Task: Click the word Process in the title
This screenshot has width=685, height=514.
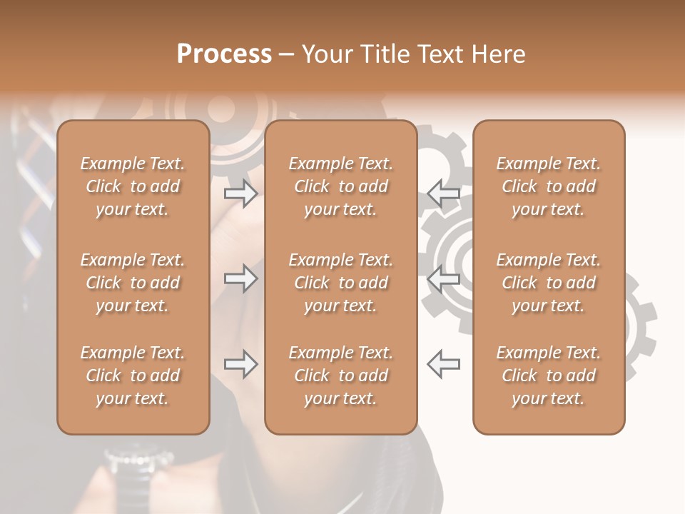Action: pyautogui.click(x=224, y=54)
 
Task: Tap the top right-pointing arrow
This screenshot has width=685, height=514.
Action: pyautogui.click(x=241, y=193)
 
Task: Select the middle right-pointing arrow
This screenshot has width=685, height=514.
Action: pyautogui.click(x=241, y=278)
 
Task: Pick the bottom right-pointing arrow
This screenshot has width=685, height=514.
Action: pyautogui.click(x=241, y=364)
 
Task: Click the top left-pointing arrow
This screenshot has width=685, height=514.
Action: pyautogui.click(x=443, y=193)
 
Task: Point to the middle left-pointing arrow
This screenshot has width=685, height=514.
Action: pyautogui.click(x=443, y=278)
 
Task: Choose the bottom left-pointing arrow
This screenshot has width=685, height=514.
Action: pyautogui.click(x=443, y=364)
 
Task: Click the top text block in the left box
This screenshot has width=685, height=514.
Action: pyautogui.click(x=133, y=186)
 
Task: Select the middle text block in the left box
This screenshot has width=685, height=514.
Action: pyautogui.click(x=133, y=283)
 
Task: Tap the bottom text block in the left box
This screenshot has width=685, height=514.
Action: pyautogui.click(x=133, y=376)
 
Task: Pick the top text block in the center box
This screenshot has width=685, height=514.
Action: pyautogui.click(x=340, y=186)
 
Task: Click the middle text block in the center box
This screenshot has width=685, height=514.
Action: pyautogui.click(x=340, y=283)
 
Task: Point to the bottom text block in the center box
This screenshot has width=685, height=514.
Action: pyautogui.click(x=340, y=376)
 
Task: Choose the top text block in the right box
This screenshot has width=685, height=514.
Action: pyautogui.click(x=548, y=186)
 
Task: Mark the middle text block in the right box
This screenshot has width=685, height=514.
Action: pyautogui.click(x=548, y=283)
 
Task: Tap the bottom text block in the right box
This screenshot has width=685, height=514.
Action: pyautogui.click(x=548, y=376)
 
